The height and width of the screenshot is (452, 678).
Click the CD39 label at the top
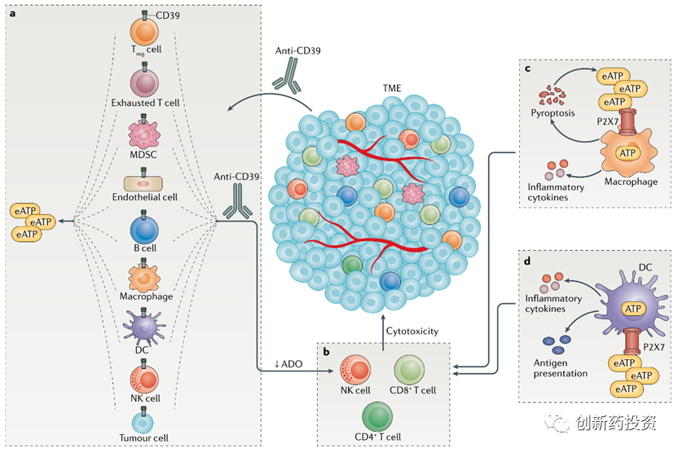click(169, 15)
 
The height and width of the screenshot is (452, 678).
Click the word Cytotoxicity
click(412, 331)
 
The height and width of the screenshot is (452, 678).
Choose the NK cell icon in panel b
click(356, 370)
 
